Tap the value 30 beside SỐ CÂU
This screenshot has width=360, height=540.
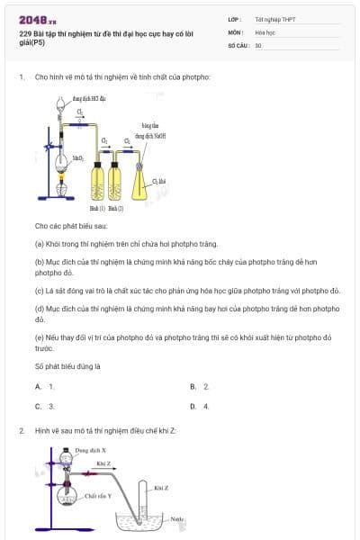click(x=258, y=45)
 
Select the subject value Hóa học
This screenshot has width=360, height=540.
click(x=265, y=31)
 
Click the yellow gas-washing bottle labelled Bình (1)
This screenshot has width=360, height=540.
click(x=98, y=179)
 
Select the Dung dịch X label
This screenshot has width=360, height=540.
click(x=91, y=448)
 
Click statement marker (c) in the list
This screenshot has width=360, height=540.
click(x=40, y=291)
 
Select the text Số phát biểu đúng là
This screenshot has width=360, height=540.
click(x=67, y=366)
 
